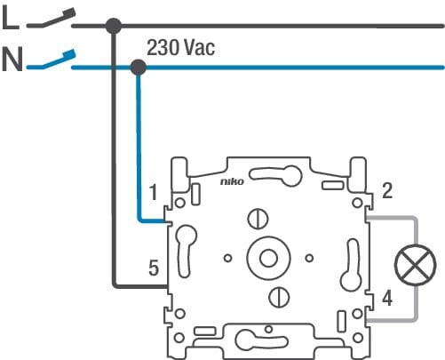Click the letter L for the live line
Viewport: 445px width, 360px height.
point(11,18)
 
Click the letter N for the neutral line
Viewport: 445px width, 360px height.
point(12,60)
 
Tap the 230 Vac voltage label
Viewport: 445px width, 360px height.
point(180,47)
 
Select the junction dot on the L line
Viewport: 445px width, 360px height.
point(114,26)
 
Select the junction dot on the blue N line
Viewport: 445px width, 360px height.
point(139,68)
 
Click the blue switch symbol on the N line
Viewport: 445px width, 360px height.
point(52,60)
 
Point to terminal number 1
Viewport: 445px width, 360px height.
point(153,192)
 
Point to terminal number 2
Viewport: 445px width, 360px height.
point(387,190)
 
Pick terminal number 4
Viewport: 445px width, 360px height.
point(387,298)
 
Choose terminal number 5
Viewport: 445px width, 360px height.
point(154,268)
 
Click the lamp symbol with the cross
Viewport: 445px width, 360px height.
point(416,265)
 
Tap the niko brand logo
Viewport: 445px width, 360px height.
point(232,181)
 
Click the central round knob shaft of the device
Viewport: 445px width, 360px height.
point(268,258)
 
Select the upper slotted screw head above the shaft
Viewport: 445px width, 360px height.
point(258,219)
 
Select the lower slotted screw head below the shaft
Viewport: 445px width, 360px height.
point(279,297)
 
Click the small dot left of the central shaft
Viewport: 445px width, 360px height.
point(227,258)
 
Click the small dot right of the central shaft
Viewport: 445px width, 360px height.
point(309,258)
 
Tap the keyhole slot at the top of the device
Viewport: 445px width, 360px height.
point(275,175)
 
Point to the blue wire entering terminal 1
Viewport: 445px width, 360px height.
point(139,148)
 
